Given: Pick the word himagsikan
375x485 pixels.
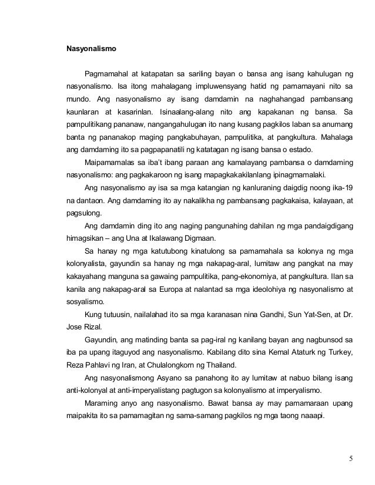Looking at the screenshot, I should click(x=85, y=238).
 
